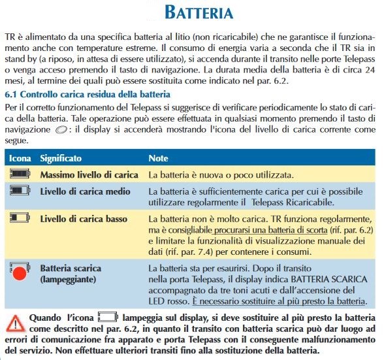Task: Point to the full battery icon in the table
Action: tap(20, 175)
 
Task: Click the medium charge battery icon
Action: tap(20, 191)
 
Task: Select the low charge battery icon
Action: tap(20, 218)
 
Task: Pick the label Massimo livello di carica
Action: tap(88, 175)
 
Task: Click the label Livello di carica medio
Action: tap(83, 192)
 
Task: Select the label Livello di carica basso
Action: tap(83, 218)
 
